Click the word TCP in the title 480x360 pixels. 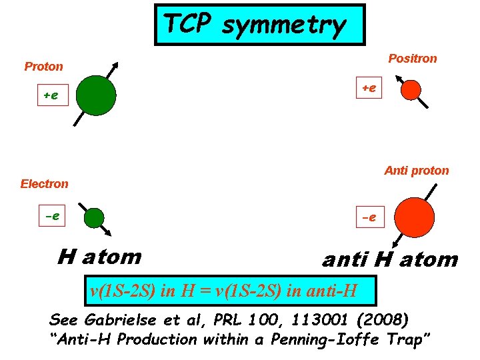pyautogui.click(x=188, y=24)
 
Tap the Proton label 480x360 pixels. pyautogui.click(x=43, y=66)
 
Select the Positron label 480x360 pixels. pyautogui.click(x=413, y=58)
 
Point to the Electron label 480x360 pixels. pyautogui.click(x=44, y=183)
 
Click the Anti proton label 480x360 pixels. pyautogui.click(x=417, y=170)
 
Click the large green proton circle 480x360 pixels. pyautogui.click(x=96, y=95)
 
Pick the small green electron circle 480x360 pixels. pyautogui.click(x=95, y=218)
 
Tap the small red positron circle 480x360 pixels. pyautogui.click(x=411, y=89)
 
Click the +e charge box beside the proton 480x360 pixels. pyautogui.click(x=51, y=95)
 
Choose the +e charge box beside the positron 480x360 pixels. pyautogui.click(x=369, y=88)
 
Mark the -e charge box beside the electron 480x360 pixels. pyautogui.click(x=51, y=216)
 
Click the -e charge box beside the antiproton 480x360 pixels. pyautogui.click(x=369, y=217)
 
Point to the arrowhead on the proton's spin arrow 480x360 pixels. pyautogui.click(x=116, y=65)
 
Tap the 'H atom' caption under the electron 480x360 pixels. pyautogui.click(x=99, y=256)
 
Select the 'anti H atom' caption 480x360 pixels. pyautogui.click(x=390, y=259)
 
